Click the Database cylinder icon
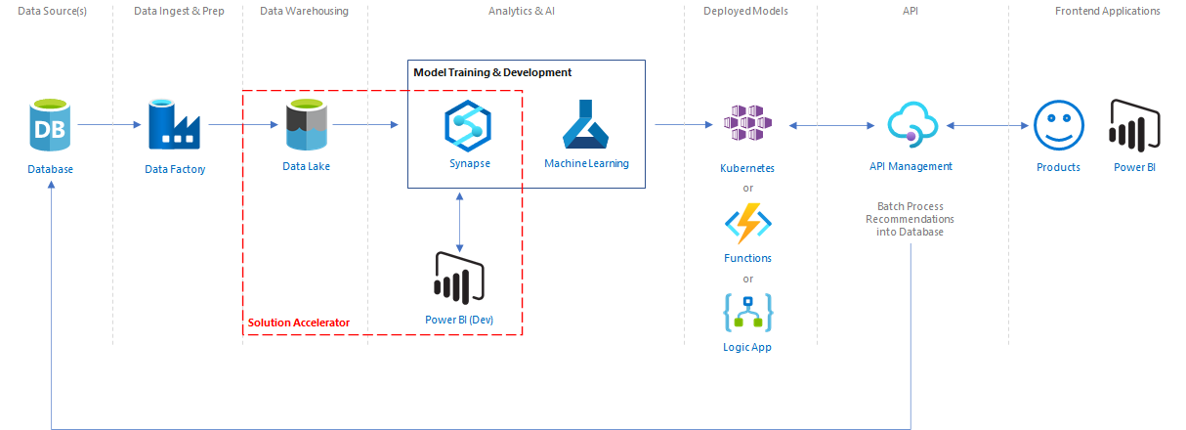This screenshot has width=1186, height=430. tap(49, 126)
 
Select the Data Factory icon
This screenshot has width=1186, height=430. tap(174, 126)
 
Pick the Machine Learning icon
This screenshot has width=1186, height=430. tap(586, 124)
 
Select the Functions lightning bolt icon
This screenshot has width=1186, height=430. tap(747, 224)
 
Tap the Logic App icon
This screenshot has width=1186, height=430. tap(747, 312)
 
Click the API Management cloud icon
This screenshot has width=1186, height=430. tap(911, 125)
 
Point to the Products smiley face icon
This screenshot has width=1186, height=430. tap(1058, 125)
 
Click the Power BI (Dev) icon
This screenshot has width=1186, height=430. tap(459, 279)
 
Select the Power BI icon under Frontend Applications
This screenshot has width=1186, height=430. tap(1134, 125)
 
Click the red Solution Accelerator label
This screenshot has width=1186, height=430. tap(298, 322)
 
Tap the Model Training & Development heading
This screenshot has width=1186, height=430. tap(492, 72)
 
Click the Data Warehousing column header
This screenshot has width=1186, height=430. tap(304, 11)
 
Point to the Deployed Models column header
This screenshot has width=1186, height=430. tap(745, 11)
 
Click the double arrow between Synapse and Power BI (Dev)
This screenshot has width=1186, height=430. tap(459, 221)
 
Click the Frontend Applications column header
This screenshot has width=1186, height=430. tap(1108, 11)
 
